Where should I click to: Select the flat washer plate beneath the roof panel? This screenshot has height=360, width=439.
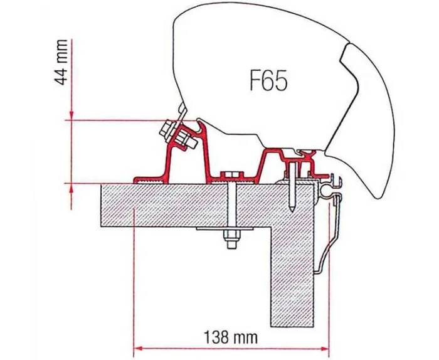(x=231, y=230)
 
